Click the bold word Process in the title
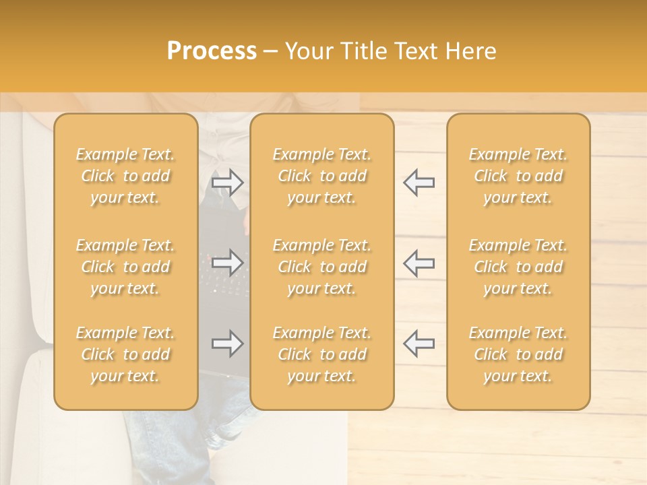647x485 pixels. pyautogui.click(x=212, y=51)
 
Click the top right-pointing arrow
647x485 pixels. pyautogui.click(x=227, y=183)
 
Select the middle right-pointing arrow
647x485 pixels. pyautogui.click(x=227, y=262)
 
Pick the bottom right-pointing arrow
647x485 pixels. pyautogui.click(x=227, y=344)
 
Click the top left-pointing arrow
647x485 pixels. pyautogui.click(x=419, y=183)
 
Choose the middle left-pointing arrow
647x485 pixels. pyautogui.click(x=419, y=262)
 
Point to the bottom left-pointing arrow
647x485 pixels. pyautogui.click(x=419, y=344)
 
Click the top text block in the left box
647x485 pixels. pyautogui.click(x=125, y=176)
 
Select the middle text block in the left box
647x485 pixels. pyautogui.click(x=125, y=267)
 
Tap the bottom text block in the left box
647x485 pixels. pyautogui.click(x=125, y=354)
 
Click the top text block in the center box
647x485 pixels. pyautogui.click(x=321, y=176)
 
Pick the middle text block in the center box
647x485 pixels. pyautogui.click(x=321, y=267)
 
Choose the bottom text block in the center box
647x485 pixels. pyautogui.click(x=321, y=354)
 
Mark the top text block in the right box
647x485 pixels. pyautogui.click(x=518, y=176)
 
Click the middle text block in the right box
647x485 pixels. pyautogui.click(x=518, y=267)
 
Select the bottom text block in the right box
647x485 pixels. pyautogui.click(x=518, y=354)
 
